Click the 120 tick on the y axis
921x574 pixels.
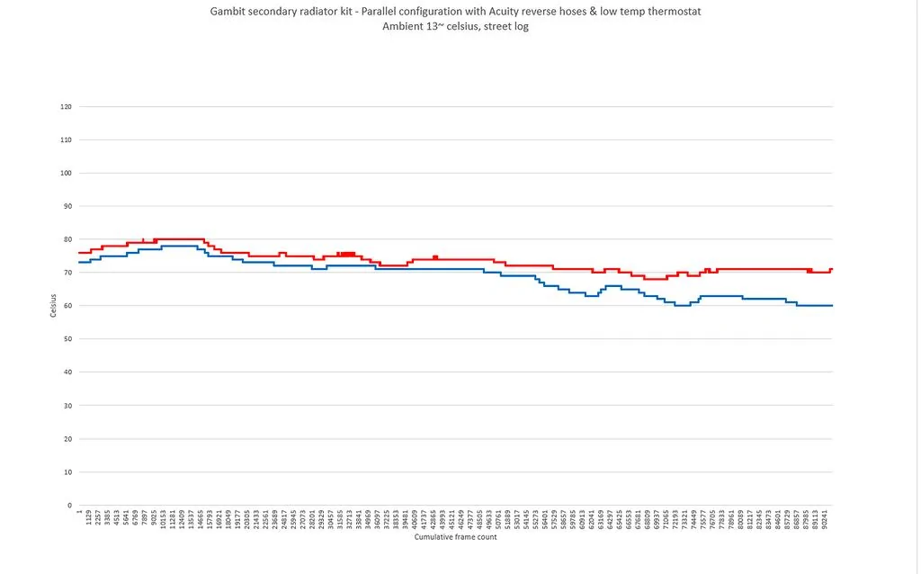66,107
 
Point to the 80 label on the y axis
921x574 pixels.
67,239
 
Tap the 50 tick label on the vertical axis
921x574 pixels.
67,339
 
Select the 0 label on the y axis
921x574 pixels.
68,506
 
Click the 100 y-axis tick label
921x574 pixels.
66,173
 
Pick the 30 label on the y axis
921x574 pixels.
67,406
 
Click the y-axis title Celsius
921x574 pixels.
53,306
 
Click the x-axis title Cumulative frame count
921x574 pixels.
455,537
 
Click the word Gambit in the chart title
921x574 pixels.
228,11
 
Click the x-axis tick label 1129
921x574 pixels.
89,519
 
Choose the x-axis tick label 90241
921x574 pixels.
824,521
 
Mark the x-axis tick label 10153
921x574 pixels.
164,521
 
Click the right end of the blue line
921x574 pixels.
833,306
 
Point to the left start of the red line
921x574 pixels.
79,253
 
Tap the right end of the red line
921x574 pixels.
833,269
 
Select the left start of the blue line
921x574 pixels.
79,263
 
